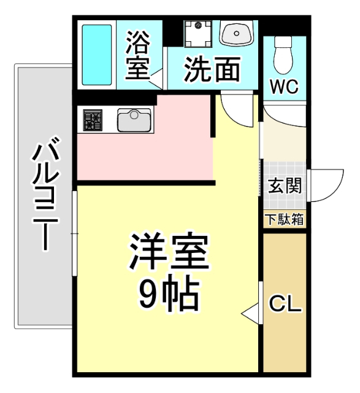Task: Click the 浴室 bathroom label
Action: pos(137,56)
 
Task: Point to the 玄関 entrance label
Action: pos(285,185)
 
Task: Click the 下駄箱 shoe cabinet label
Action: pos(284,219)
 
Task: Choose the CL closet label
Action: pos(286,304)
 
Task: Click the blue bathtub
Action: pos(97,55)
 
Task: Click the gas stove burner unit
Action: pos(92,119)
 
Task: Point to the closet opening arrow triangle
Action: pos(251,313)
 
